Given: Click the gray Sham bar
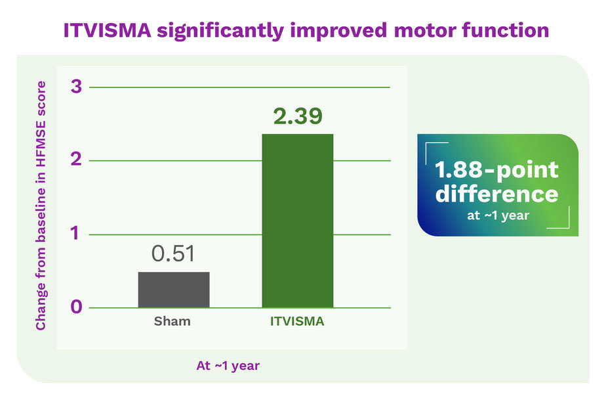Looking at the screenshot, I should pyautogui.click(x=174, y=290).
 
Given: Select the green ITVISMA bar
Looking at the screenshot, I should pyautogui.click(x=297, y=221).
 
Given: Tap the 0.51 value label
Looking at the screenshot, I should pyautogui.click(x=173, y=254).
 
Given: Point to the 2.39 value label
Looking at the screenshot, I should pyautogui.click(x=298, y=116).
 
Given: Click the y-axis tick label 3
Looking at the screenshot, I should pyautogui.click(x=76, y=87).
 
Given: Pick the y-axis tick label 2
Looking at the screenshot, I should pyautogui.click(x=76, y=160).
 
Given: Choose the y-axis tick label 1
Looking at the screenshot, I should pyautogui.click(x=76, y=234).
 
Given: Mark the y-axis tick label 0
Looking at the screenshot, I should pyautogui.click(x=76, y=307).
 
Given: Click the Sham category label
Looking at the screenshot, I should pyautogui.click(x=172, y=323).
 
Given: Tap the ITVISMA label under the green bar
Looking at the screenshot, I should pyautogui.click(x=297, y=323).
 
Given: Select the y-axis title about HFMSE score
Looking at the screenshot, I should pyautogui.click(x=41, y=206).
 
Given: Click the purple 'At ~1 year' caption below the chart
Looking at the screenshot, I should pyautogui.click(x=228, y=366).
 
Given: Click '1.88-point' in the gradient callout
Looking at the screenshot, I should pyautogui.click(x=497, y=170).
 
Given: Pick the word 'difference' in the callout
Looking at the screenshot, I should pyautogui.click(x=497, y=194).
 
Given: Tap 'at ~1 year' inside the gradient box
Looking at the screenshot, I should pyautogui.click(x=498, y=215).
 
